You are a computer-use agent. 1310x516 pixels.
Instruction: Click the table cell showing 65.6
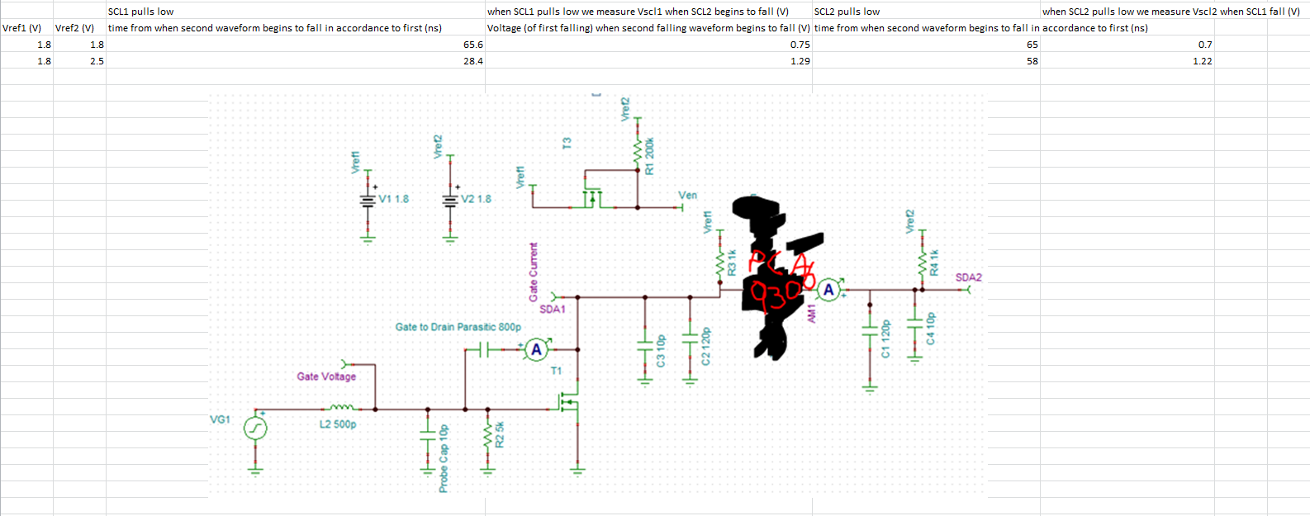coord(472,45)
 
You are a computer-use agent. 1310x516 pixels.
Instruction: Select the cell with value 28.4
coord(472,61)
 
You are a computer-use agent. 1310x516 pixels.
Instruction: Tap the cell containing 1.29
coord(800,61)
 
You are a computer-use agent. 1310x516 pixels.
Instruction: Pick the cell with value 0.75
coord(800,45)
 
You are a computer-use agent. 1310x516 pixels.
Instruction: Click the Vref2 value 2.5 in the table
coord(97,61)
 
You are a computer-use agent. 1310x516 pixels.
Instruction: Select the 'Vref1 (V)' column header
coord(22,28)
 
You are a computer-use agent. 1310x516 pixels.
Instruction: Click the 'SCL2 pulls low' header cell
coord(847,12)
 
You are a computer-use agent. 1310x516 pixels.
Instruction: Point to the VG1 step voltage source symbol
coord(255,428)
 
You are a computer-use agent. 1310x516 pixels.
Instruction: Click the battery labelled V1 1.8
coord(368,200)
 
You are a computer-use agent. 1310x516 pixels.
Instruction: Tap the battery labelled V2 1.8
coord(450,200)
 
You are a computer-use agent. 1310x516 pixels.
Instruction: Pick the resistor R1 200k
coord(638,150)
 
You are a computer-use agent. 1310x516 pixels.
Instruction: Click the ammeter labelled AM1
coord(828,290)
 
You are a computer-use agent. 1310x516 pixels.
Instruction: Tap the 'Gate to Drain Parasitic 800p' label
coord(458,327)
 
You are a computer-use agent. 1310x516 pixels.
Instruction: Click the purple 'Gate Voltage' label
coord(326,376)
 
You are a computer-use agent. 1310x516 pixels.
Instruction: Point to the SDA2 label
coord(968,277)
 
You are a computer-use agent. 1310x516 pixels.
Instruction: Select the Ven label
coord(687,196)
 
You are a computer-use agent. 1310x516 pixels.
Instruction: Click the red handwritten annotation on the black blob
coord(776,277)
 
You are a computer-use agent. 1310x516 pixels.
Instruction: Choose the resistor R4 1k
coord(923,264)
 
